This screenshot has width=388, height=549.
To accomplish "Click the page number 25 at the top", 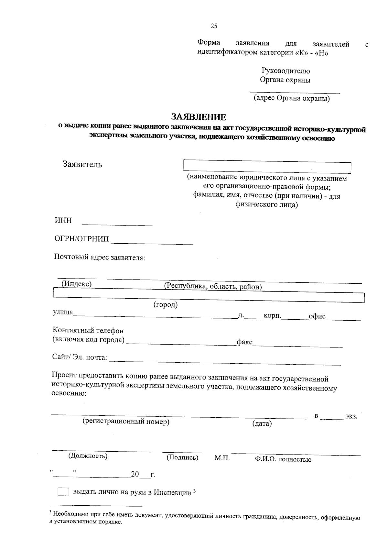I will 214,26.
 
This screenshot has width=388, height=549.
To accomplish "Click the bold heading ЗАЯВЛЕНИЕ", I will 199,117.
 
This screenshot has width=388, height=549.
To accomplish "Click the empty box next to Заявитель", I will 267,166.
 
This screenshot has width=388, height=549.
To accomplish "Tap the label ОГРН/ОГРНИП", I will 81,239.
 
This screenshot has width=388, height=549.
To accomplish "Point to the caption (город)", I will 166,305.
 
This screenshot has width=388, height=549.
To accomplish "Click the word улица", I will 63,313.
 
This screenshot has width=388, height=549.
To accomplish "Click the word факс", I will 244,342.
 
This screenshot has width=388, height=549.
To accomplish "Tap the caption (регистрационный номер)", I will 126,422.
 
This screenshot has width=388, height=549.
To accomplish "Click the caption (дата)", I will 262,423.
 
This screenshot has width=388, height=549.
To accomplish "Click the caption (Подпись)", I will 182,457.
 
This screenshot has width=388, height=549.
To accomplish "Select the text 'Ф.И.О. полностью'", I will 283,459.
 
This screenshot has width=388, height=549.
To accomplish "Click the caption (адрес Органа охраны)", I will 292,98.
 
